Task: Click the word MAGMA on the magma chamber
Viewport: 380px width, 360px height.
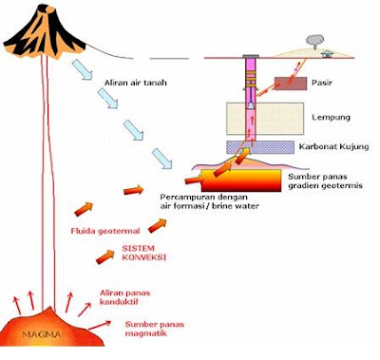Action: (x=42, y=334)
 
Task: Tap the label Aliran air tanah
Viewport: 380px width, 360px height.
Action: (x=135, y=83)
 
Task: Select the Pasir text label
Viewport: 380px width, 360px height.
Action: (x=322, y=83)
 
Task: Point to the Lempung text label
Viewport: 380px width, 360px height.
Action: (x=331, y=118)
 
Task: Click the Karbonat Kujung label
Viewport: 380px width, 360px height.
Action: (x=333, y=146)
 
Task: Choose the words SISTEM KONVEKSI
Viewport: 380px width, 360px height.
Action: (x=144, y=253)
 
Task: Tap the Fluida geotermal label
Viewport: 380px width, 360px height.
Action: (x=105, y=231)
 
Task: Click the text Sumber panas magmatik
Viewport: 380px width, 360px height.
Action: (x=155, y=329)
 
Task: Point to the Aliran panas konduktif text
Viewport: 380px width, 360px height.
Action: (x=124, y=297)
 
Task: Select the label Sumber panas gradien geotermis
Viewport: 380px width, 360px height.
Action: (x=325, y=181)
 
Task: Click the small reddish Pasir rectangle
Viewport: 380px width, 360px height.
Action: (x=291, y=84)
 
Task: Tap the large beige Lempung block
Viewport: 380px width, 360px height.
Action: (x=265, y=119)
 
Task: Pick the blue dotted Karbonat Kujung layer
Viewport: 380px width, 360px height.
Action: (x=260, y=147)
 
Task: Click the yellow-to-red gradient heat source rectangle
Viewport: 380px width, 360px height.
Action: (x=241, y=180)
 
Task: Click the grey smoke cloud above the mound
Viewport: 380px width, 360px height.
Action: (x=315, y=40)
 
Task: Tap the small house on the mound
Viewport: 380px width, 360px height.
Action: (x=327, y=54)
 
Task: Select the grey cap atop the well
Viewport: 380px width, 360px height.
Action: (x=251, y=56)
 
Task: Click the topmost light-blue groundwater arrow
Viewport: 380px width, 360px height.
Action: (x=82, y=69)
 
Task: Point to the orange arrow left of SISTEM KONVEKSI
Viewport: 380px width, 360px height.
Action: (x=105, y=256)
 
